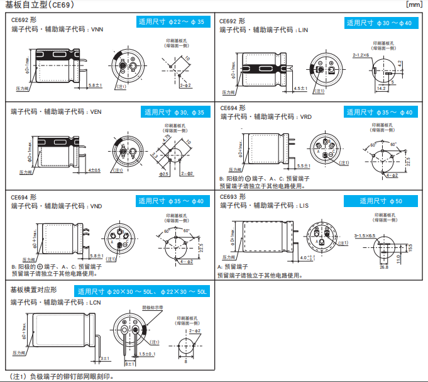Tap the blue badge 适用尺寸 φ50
click(x=380, y=201)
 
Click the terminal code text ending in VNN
click(x=57, y=30)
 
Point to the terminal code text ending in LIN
click(x=264, y=30)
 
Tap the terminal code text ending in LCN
click(x=56, y=302)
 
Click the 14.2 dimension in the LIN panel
click(x=381, y=89)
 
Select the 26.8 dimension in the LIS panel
click(x=384, y=267)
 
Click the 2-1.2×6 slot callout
click(x=363, y=55)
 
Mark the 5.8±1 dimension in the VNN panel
click(x=95, y=84)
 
